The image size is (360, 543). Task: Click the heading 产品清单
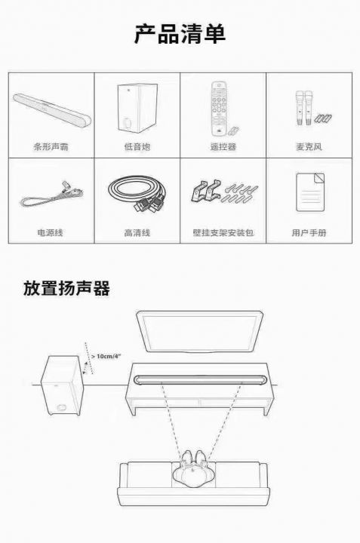(x=180, y=34)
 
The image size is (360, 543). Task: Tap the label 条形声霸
(x=51, y=147)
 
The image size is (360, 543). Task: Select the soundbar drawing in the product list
(x=52, y=109)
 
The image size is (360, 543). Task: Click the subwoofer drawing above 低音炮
(x=137, y=108)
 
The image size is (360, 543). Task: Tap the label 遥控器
(x=223, y=147)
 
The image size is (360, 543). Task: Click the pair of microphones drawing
(x=304, y=108)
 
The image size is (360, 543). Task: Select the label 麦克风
(x=309, y=147)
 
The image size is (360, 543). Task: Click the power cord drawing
(x=51, y=195)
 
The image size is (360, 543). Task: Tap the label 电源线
(x=51, y=232)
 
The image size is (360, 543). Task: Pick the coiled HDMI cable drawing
(x=137, y=194)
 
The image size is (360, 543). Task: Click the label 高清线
(x=137, y=232)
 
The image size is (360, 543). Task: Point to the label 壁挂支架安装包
(x=223, y=232)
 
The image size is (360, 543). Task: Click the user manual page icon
(x=310, y=192)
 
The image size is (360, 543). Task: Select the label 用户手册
(x=309, y=232)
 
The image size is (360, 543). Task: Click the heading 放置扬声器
(x=66, y=288)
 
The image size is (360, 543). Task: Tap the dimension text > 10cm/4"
(x=106, y=356)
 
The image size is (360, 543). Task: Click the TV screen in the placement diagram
(x=199, y=332)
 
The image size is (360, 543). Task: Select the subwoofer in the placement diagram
(x=63, y=385)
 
